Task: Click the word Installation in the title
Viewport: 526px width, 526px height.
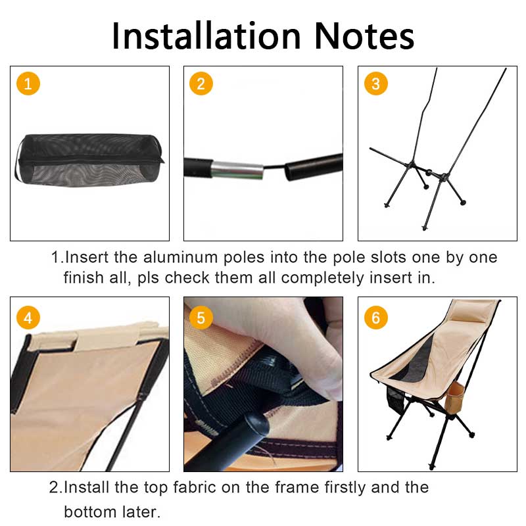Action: point(204,36)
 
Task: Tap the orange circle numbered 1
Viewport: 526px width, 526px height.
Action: point(28,84)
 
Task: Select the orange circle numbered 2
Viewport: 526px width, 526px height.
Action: point(201,84)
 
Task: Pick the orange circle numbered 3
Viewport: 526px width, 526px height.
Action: point(375,84)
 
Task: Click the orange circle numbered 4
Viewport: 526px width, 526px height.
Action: point(28,318)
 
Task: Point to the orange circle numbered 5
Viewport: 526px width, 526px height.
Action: point(201,318)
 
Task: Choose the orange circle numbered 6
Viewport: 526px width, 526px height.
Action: point(375,318)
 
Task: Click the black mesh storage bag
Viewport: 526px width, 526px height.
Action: point(89,160)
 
